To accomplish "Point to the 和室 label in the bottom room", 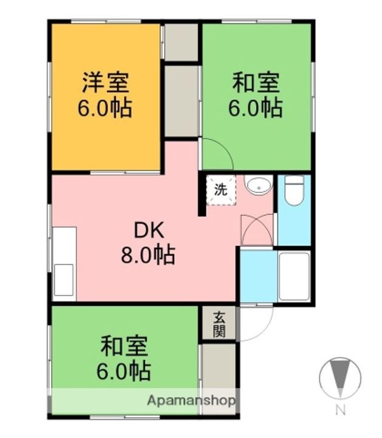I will point(124,346).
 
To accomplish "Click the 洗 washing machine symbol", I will point(221,189).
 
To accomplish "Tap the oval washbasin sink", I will point(258,185).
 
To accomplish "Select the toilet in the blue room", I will point(294,190).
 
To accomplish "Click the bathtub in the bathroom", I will point(294,275).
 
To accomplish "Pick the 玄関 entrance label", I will point(219,324).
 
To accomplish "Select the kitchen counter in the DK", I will point(64,263).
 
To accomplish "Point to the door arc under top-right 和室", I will point(217,153).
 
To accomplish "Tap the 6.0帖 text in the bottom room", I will point(124,370).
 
